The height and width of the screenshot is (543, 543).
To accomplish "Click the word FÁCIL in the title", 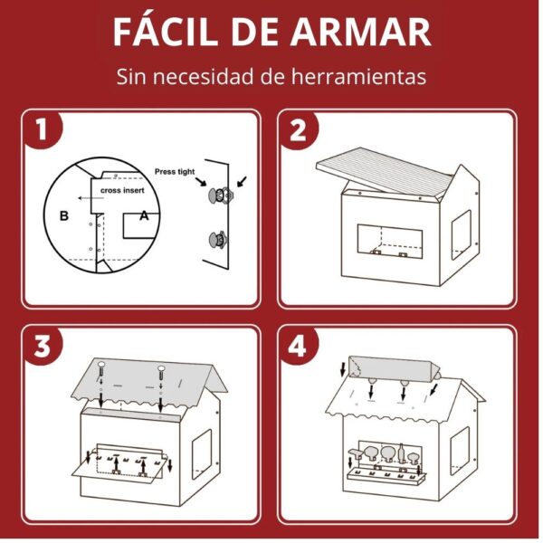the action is point(166,31).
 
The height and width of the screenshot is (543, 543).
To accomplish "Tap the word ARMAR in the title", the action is point(361,32).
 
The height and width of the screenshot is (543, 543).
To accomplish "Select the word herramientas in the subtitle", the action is point(358,76).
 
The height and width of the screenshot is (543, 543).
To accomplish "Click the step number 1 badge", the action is point(42,129).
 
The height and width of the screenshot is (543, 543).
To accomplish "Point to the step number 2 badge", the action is point(298,130).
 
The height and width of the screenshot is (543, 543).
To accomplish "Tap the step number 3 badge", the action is point(43,347).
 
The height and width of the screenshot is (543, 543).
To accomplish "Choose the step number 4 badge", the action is point(298,347).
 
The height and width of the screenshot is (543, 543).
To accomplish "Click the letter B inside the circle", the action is point(64,215).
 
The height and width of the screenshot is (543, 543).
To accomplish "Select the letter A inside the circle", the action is point(144,215).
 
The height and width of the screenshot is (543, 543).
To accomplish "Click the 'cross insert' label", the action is point(122,190).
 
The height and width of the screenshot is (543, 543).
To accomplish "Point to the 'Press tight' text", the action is point(175,171).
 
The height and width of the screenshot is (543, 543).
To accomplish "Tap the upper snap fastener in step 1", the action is point(219,195).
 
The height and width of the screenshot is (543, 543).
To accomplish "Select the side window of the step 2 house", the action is point(461,234).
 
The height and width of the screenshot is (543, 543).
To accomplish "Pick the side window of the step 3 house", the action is point(202,453).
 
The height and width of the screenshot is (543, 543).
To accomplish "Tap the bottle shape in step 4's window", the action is point(401,453).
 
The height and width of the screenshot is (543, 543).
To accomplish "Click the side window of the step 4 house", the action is point(460,451).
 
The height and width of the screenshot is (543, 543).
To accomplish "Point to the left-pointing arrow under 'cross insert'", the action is point(90,198).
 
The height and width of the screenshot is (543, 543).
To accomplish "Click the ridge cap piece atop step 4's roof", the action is point(393,368).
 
